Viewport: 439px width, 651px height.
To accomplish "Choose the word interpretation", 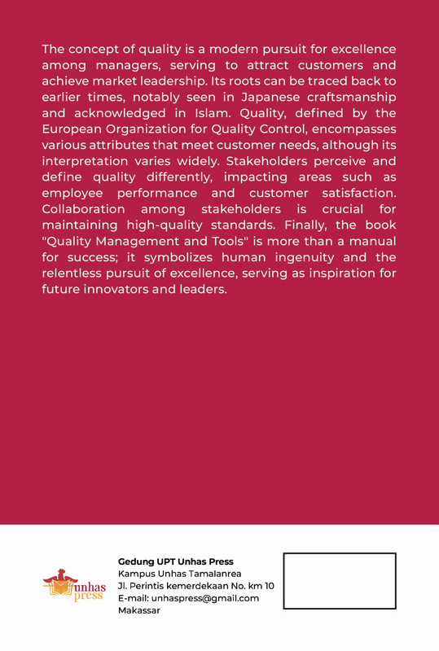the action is click(x=87, y=161).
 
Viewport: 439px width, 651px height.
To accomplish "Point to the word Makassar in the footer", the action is click(x=139, y=610).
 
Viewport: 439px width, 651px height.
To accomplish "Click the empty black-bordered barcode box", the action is click(x=339, y=581).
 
